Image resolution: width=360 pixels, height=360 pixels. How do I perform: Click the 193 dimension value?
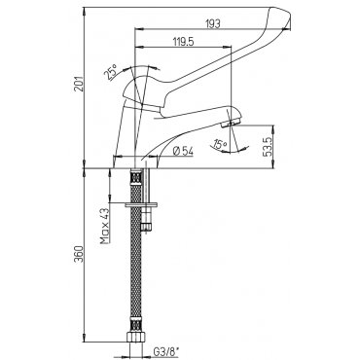(x=213, y=24)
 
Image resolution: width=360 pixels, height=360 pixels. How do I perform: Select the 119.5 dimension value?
(x=183, y=42)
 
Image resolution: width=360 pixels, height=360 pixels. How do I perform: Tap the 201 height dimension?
(x=79, y=84)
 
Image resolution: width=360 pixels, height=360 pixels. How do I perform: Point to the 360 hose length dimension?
(x=79, y=254)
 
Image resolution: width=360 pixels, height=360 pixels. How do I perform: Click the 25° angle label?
(x=111, y=72)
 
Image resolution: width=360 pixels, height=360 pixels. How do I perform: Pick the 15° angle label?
(x=221, y=144)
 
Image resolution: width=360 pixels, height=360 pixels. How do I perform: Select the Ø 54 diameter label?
(x=184, y=151)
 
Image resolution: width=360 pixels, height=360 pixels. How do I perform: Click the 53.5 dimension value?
(x=268, y=147)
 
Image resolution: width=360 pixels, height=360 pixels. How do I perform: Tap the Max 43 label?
(x=105, y=226)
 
